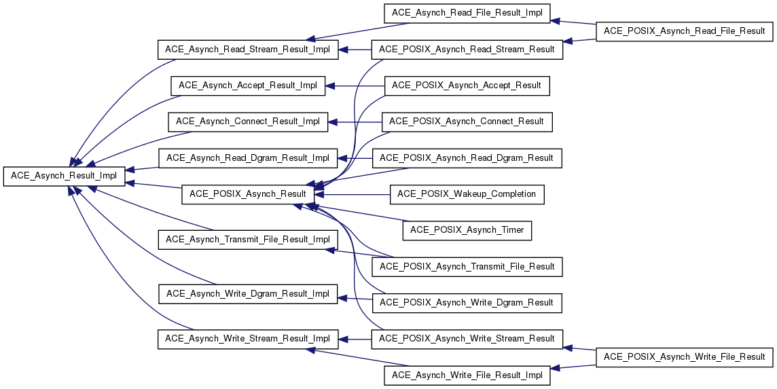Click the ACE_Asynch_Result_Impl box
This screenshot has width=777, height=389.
pos(64,176)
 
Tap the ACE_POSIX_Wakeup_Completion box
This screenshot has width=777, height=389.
pos(467,193)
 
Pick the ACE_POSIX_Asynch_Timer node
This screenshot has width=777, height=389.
pos(467,230)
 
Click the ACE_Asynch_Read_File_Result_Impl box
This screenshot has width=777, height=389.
pos(467,13)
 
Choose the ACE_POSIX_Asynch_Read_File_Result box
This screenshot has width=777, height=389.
pos(685,31)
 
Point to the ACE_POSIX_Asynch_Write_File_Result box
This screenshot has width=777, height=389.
pos(685,357)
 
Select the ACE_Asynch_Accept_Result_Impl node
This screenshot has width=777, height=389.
pos(248,86)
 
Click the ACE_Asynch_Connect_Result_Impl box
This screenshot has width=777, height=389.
pos(248,122)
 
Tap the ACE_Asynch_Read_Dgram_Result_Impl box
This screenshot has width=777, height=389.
pos(248,158)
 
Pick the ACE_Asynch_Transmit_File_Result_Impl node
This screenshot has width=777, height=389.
pos(248,240)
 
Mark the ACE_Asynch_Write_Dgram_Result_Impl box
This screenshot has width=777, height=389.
pos(248,294)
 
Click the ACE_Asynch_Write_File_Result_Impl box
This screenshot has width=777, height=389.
pos(467,375)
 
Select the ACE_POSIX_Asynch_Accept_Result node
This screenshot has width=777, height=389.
pos(467,86)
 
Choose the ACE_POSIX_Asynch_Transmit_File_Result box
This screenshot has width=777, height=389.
pos(467,267)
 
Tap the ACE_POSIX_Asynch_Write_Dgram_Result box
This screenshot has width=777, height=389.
pos(467,303)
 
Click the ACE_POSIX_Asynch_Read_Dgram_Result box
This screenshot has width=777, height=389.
pos(467,158)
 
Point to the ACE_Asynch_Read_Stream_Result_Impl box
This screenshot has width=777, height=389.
pos(248,50)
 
